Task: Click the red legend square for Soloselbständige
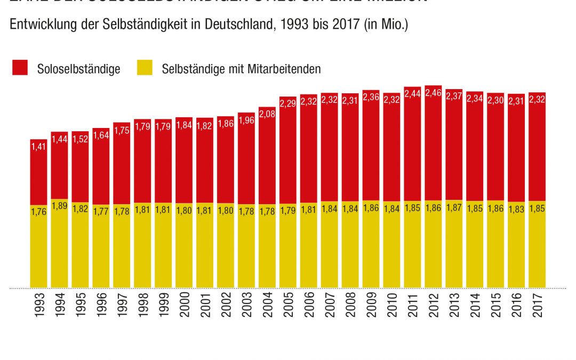coord(20,68)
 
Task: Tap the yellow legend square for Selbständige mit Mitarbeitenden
coord(145,68)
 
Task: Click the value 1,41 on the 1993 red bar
coord(38,146)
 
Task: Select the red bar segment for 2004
coord(267,160)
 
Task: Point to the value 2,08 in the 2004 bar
coord(267,113)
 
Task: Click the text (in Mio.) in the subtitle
coord(387,25)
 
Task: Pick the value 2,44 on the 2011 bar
coord(413,93)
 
